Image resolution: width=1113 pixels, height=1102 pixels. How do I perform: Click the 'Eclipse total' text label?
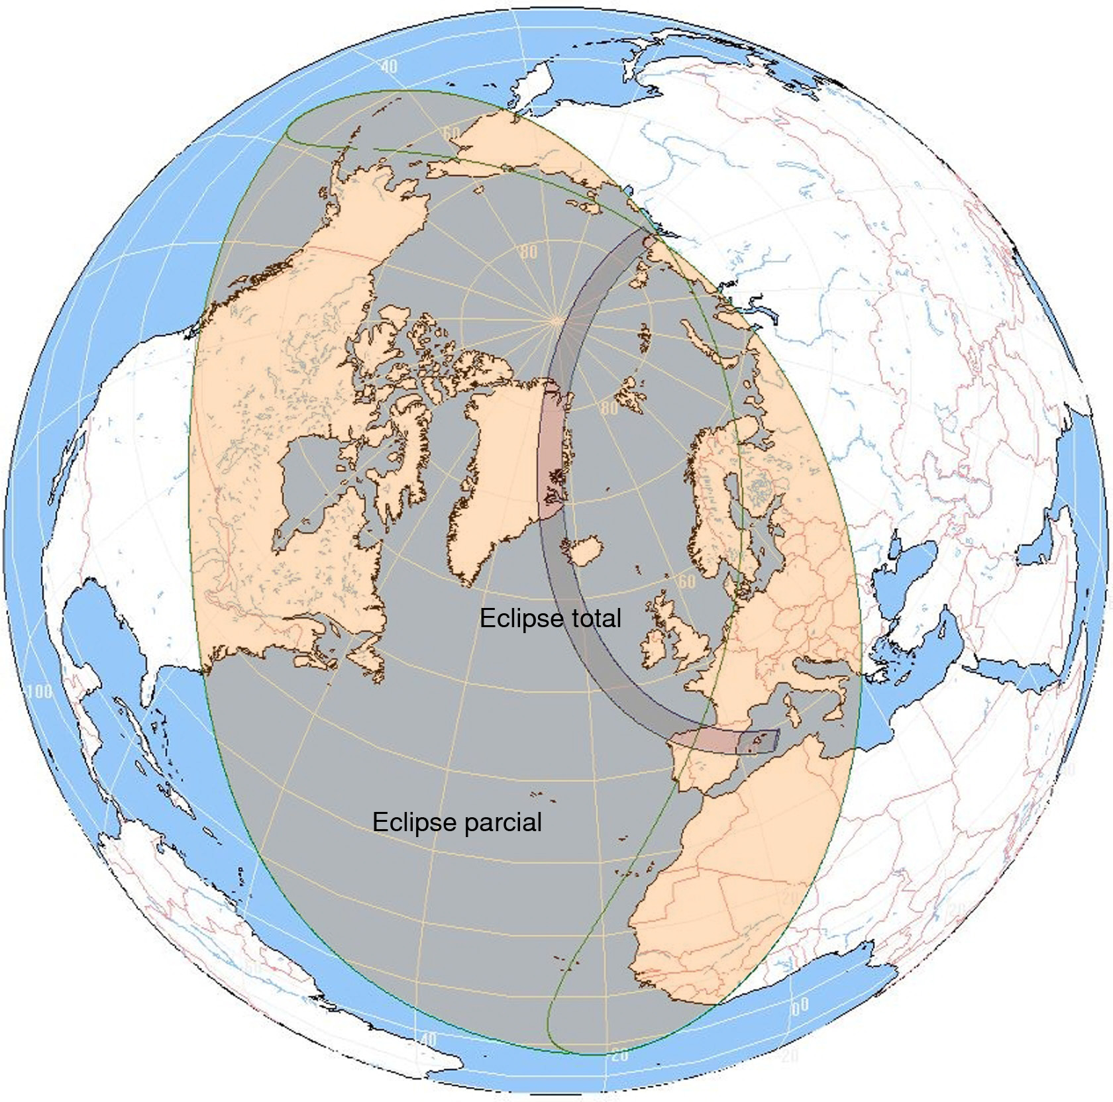coord(550,619)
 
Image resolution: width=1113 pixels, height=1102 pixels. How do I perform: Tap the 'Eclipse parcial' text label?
coord(457,822)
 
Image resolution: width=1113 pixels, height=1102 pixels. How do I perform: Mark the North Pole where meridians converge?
coord(555,321)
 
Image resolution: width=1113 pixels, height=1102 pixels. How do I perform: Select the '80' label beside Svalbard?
coord(608,408)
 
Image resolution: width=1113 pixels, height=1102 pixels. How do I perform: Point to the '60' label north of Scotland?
coord(686,581)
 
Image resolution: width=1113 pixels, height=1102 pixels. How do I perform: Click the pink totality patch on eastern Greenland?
coord(552,450)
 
